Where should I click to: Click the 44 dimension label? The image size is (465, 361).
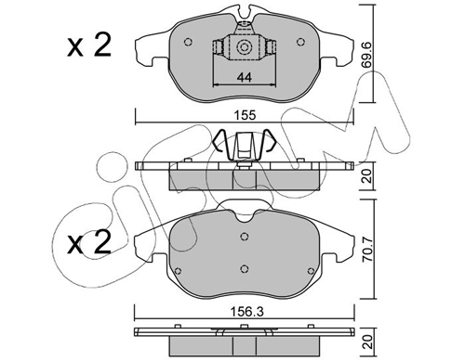245,77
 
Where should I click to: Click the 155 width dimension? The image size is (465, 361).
245,115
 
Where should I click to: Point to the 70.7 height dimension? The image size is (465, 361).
368,250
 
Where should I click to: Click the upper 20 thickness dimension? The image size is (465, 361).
368,176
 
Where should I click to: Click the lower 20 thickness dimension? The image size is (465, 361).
368,342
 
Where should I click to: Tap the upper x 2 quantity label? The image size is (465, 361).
89,46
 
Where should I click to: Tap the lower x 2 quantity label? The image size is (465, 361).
89,243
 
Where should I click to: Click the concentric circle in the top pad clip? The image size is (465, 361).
243,47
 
